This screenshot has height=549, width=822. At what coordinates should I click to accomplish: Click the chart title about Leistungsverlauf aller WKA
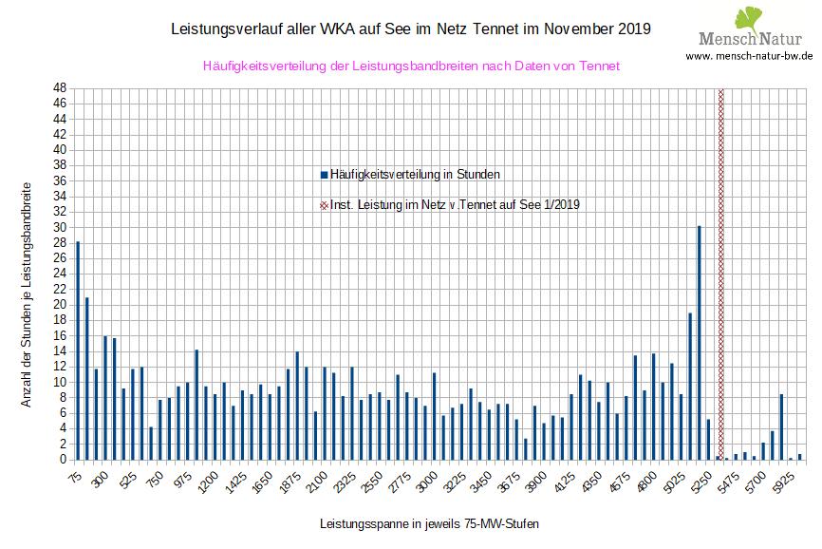tap(410, 28)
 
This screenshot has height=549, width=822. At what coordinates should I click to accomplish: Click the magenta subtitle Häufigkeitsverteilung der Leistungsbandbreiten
tap(411, 66)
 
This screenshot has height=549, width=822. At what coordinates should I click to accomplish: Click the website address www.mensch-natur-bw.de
tap(749, 56)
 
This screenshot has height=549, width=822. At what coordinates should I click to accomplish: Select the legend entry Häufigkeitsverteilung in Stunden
tap(410, 175)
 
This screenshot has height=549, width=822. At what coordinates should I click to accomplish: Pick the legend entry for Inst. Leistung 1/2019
tap(450, 204)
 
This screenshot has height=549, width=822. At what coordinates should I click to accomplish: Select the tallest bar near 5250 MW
tap(699, 343)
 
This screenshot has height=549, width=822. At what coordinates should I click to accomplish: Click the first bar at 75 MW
tap(78, 350)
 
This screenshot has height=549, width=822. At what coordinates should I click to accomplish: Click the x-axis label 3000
tap(428, 483)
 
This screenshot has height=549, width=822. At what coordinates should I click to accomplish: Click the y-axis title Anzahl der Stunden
tap(27, 294)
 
